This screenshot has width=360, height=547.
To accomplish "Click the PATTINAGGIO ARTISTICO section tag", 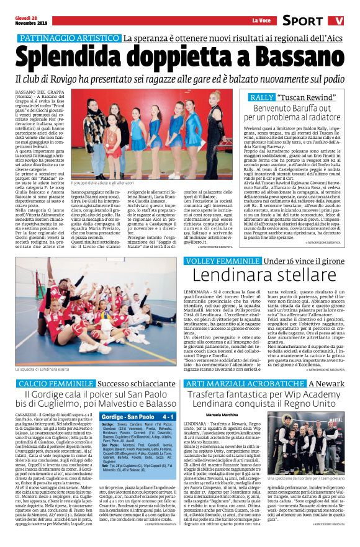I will [x=68, y=38].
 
